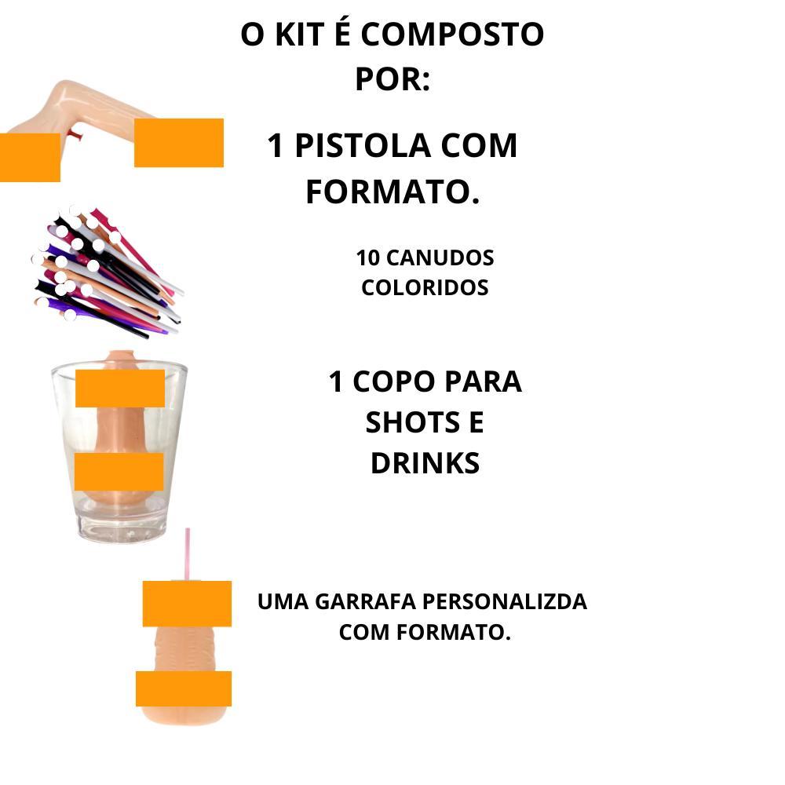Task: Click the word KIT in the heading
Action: click(x=299, y=35)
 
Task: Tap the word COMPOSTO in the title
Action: click(x=452, y=35)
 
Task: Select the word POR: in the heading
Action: click(x=392, y=79)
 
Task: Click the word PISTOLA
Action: click(x=363, y=146)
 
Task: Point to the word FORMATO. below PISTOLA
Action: click(x=392, y=192)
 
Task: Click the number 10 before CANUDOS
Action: click(x=368, y=258)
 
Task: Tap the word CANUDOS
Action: click(x=440, y=258)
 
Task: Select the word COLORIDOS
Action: click(x=425, y=288)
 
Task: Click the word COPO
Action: click(x=393, y=382)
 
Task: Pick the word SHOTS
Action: click(x=412, y=422)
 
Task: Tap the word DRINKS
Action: click(x=425, y=463)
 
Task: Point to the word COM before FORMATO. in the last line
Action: click(x=364, y=632)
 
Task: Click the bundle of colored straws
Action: click(x=107, y=270)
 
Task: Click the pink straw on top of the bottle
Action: click(x=188, y=553)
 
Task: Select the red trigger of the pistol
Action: click(x=76, y=134)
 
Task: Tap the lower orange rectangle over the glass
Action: click(x=119, y=472)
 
